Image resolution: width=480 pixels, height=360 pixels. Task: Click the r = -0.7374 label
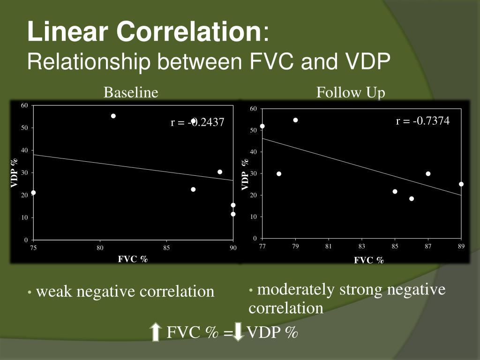point(422,121)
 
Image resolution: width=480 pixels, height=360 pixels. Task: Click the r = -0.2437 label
point(197,123)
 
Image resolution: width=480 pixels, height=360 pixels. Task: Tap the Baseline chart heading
point(131,93)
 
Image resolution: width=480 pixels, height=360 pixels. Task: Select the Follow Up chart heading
point(351,93)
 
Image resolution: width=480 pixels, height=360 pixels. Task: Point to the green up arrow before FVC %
point(156,332)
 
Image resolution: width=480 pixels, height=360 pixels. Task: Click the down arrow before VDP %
point(239,332)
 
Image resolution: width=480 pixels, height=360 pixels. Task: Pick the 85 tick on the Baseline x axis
point(166,248)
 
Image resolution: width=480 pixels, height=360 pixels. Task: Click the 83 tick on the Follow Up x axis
point(361,247)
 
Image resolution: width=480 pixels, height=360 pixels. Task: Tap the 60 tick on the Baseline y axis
point(24,105)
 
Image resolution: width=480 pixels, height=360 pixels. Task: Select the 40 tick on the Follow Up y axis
point(253,152)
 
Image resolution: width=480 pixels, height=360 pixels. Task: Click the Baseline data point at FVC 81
point(113,116)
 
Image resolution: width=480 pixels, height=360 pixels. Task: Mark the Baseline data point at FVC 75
point(33,193)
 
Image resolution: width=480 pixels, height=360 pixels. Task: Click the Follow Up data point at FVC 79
point(295,120)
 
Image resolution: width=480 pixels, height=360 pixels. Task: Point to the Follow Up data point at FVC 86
point(412,199)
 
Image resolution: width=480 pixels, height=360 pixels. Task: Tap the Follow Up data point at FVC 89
point(461,184)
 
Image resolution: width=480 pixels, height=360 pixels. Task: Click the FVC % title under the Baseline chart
point(133,259)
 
